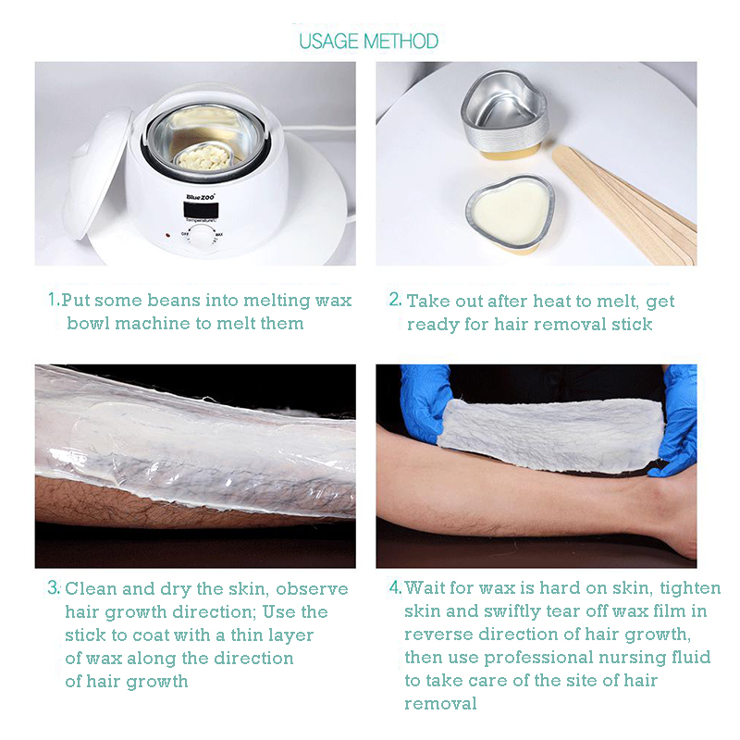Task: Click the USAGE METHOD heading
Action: click(x=368, y=42)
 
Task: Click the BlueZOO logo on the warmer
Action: click(x=201, y=196)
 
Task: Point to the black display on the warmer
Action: click(x=201, y=210)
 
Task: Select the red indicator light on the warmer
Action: click(x=167, y=235)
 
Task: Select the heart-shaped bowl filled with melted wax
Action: click(x=510, y=214)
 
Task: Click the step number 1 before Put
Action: click(x=54, y=299)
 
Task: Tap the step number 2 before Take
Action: click(x=395, y=299)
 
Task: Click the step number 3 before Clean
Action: click(x=54, y=587)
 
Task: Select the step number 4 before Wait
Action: click(x=396, y=587)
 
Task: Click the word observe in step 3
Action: click(x=312, y=588)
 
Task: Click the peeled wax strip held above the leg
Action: click(x=550, y=434)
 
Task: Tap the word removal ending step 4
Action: click(x=440, y=703)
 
